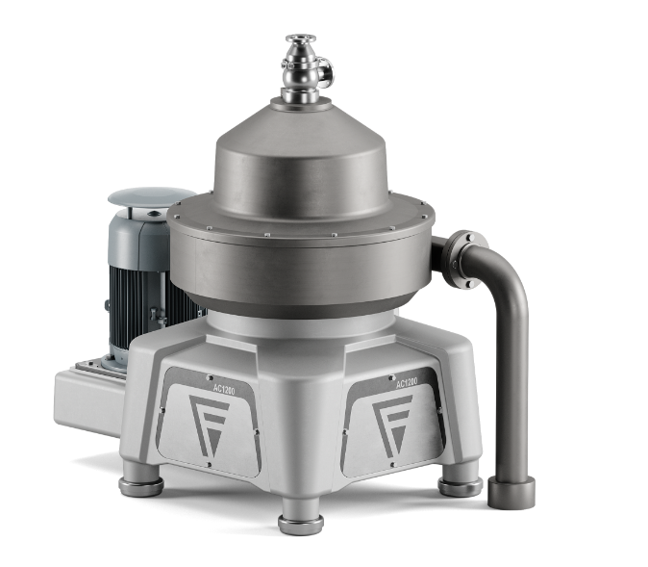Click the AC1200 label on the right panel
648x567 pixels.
(407, 383)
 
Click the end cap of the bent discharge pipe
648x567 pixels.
(511, 492)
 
